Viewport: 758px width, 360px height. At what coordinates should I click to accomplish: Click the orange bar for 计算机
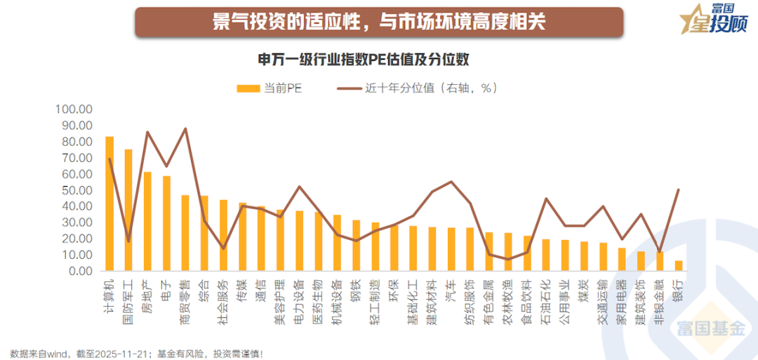109,204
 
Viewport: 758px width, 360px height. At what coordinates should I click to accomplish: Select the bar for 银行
679,265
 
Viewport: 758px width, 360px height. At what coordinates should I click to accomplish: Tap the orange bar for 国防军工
128,210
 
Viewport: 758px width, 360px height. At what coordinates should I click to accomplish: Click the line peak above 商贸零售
185,128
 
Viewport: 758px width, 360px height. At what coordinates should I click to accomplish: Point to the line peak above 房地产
147,132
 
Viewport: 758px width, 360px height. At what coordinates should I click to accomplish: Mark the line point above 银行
679,189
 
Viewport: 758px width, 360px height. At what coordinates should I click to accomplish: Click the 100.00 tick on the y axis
74,110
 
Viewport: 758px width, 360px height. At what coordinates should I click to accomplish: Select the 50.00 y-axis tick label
76,190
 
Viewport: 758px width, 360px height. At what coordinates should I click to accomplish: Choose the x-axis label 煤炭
583,289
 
